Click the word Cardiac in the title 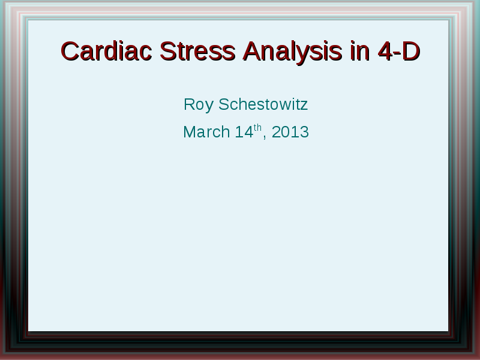107,51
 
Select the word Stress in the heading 197,51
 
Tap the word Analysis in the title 292,53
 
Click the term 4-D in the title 399,51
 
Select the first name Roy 199,105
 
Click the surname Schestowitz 263,104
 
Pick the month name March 206,132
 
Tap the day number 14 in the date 244,132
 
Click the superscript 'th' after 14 258,127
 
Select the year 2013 290,132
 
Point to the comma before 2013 265,138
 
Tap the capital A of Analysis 252,52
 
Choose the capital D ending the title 411,52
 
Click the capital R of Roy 190,104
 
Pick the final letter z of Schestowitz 304,106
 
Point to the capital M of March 190,132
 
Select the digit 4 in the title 385,52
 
